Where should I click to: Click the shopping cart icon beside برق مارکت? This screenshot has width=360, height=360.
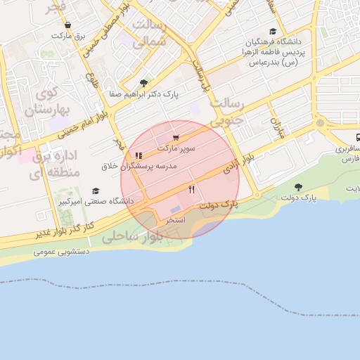point(67,25)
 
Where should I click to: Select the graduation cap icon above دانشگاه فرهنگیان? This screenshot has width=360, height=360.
point(273,32)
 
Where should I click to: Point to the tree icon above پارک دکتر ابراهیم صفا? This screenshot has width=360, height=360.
point(144,83)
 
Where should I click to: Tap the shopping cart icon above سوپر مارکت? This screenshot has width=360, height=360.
point(175,138)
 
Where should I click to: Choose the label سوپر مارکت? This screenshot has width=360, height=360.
point(176,148)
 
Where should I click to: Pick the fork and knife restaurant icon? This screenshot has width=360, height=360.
point(191,190)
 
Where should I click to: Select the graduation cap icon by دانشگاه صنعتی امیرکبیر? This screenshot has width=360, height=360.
point(96,191)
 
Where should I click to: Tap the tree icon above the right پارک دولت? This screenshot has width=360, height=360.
point(298,187)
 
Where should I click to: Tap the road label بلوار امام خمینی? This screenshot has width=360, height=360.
point(85,116)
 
